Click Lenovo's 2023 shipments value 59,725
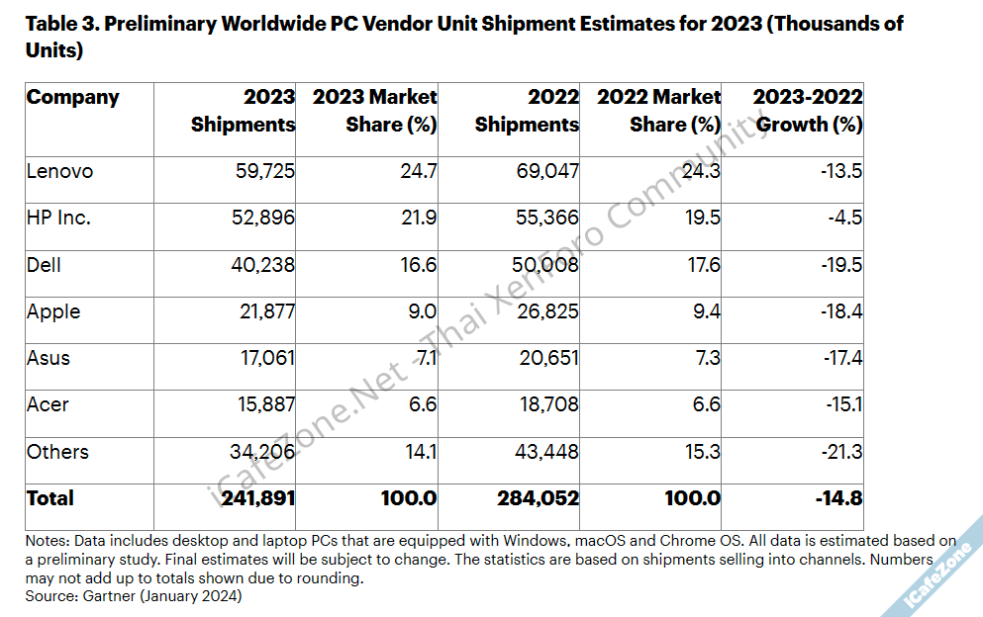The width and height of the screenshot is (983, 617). tap(261, 171)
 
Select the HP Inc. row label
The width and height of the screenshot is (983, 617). tap(58, 218)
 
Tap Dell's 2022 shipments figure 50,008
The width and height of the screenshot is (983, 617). tap(546, 265)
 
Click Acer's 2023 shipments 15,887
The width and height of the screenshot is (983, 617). tap(261, 404)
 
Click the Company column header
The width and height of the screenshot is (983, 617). tap(72, 97)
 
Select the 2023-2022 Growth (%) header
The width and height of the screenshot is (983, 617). tap(808, 111)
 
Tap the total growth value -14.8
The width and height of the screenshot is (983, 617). tap(838, 498)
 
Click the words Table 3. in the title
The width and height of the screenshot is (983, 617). tap(60, 24)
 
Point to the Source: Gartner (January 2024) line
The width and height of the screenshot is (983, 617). tap(134, 595)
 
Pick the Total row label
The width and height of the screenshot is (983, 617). tap(49, 498)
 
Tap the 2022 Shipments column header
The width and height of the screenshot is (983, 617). tap(528, 111)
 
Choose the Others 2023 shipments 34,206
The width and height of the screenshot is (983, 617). tap(261, 452)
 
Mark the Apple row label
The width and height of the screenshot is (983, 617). tap(53, 311)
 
